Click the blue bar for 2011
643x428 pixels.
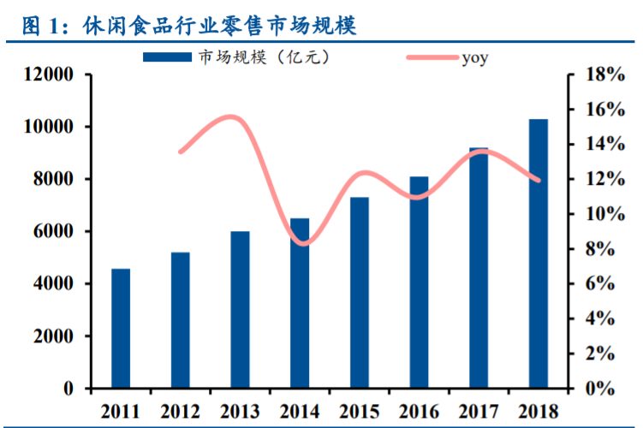[x=121, y=328]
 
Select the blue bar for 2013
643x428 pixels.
[x=240, y=310]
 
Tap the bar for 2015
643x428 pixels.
[x=360, y=292]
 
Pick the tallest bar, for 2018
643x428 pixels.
[x=539, y=253]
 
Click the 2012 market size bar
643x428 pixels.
[x=181, y=320]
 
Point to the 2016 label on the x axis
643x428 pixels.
[x=419, y=412]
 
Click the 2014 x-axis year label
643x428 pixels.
[x=300, y=412]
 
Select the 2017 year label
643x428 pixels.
[x=479, y=412]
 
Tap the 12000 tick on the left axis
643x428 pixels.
[x=49, y=74]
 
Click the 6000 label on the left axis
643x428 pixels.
[x=53, y=231]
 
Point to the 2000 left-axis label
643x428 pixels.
[x=53, y=336]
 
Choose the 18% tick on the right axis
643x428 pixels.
[x=605, y=74]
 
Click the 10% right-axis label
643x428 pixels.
[x=605, y=214]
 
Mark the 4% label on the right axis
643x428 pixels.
[x=600, y=318]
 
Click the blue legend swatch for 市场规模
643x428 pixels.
[x=167, y=57]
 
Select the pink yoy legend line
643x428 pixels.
[x=432, y=57]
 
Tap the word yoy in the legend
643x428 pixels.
[x=475, y=58]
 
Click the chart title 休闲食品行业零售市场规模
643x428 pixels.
[x=219, y=26]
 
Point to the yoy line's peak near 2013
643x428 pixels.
[x=231, y=116]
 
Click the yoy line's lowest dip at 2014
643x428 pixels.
[x=303, y=244]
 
